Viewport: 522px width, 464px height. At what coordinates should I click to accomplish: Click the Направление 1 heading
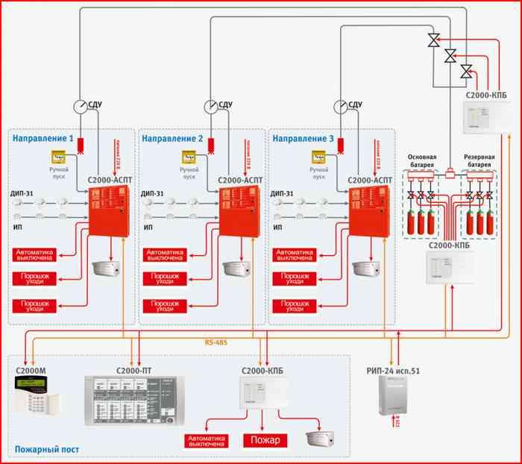(x=43, y=139)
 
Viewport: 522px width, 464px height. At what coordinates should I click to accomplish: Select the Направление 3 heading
(x=303, y=139)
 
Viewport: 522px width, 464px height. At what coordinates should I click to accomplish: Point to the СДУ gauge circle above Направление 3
(x=342, y=107)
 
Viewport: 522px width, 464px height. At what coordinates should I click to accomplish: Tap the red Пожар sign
(x=264, y=439)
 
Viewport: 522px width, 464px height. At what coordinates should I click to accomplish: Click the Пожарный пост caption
(x=46, y=450)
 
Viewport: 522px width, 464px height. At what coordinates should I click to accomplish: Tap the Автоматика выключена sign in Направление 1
(x=37, y=256)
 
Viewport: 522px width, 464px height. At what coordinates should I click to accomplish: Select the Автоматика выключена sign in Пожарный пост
(x=207, y=439)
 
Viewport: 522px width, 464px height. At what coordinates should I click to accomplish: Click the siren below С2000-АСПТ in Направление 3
(x=366, y=267)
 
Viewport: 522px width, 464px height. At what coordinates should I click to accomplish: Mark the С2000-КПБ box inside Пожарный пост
(x=258, y=392)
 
